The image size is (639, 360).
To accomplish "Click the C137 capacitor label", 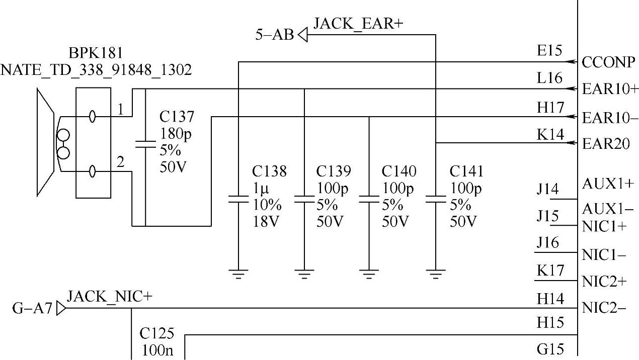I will [177, 117].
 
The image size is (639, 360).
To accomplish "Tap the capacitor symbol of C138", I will [238, 199].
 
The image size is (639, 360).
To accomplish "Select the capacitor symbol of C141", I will [435, 199].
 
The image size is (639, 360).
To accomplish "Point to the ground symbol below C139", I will [304, 274].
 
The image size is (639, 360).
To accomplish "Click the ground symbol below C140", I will [369, 274].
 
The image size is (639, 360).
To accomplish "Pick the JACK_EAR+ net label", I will [358, 23].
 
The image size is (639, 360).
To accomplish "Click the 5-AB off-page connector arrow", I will [302, 35].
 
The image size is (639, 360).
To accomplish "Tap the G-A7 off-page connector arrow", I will [61, 308].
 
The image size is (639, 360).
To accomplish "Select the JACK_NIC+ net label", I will [109, 297].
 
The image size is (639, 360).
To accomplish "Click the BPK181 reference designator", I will [96, 53].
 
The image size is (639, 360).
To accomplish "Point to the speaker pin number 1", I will [120, 109].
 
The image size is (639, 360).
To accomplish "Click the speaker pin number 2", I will [120, 162].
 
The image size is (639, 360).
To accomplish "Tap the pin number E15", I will [549, 51].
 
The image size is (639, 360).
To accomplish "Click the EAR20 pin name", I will [606, 144].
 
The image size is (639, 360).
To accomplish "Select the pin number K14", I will [550, 134].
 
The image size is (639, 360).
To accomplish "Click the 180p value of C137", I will [175, 134].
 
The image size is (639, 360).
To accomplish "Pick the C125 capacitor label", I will [156, 333].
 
